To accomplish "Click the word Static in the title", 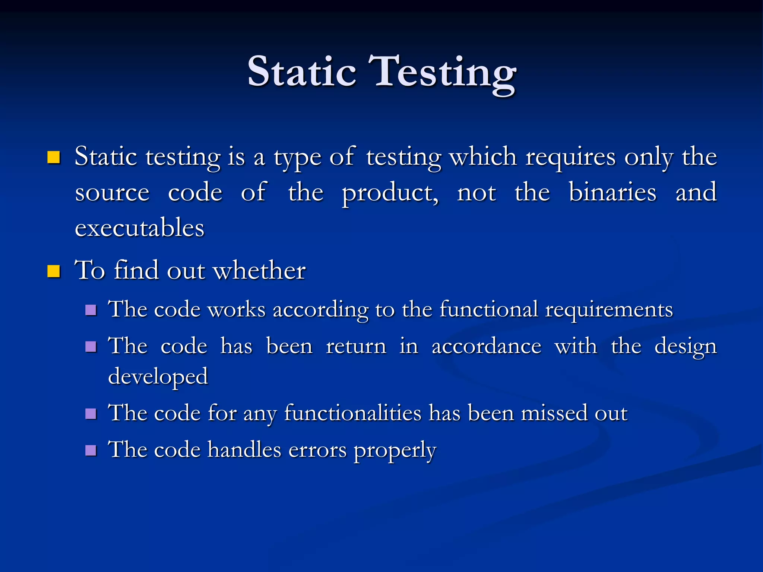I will [301, 71].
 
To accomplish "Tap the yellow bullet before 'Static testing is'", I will [54, 158].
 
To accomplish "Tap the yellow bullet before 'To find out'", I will [54, 271].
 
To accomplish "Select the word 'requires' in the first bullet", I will [570, 157].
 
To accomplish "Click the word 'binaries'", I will [612, 193].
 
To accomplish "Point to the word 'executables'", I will [140, 228].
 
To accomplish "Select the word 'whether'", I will [259, 270].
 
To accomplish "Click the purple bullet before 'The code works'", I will [91, 310].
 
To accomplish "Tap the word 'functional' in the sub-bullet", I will [489, 309].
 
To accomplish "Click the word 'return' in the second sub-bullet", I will [356, 346].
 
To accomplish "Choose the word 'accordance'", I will [486, 346].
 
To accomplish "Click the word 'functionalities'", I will [352, 413].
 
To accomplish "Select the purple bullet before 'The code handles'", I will [91, 451].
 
